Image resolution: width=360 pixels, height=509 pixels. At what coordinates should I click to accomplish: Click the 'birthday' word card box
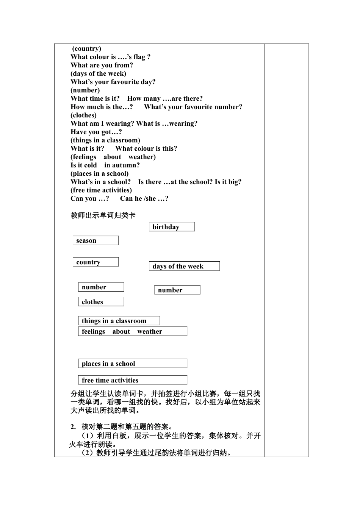click(x=172, y=227)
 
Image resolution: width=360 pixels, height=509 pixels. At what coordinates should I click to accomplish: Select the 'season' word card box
click(x=95, y=240)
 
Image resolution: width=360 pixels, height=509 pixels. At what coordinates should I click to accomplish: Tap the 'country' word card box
click(x=95, y=262)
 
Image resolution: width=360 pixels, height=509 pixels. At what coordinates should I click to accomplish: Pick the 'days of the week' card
click(x=184, y=266)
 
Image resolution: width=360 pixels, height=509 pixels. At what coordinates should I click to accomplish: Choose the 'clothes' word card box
click(x=101, y=302)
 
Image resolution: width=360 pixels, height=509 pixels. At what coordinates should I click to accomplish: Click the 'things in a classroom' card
click(x=119, y=321)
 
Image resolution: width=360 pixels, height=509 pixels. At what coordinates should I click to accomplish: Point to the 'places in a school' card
click(x=132, y=364)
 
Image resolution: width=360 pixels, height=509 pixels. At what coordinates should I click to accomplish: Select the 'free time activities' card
click(x=132, y=380)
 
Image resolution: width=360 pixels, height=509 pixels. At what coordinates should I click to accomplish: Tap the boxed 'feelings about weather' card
click(x=132, y=331)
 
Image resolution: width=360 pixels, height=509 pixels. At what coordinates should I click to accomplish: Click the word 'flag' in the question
click(x=139, y=57)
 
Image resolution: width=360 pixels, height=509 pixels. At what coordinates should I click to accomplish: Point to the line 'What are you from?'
click(x=102, y=65)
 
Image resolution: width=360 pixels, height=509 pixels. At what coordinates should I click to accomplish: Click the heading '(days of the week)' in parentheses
click(x=98, y=73)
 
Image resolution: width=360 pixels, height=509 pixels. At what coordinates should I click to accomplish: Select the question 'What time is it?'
click(x=95, y=98)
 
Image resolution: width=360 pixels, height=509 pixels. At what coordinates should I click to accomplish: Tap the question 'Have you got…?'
click(x=96, y=132)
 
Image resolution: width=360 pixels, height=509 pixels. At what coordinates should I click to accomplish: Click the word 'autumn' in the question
click(x=122, y=165)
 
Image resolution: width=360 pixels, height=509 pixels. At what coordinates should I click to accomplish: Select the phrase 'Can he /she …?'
click(x=144, y=198)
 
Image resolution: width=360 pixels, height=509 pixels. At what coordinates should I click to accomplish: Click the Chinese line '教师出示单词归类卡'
click(x=103, y=215)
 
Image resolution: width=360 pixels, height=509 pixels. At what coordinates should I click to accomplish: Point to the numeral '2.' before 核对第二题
click(x=73, y=427)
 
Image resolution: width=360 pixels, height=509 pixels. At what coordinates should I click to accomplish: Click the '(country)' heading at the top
click(x=87, y=48)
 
